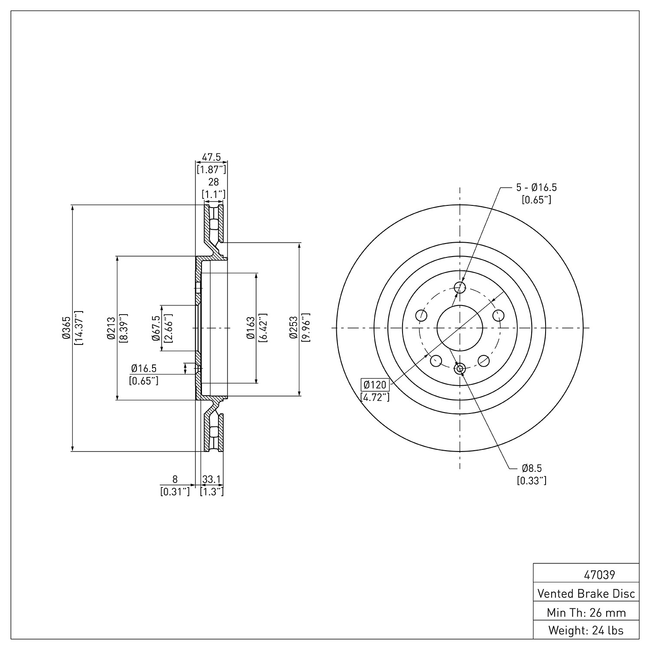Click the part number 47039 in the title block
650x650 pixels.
pos(599,575)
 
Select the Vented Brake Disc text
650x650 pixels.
pos(586,593)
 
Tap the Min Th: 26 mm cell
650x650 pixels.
pos(586,612)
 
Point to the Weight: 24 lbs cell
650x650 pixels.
pos(586,630)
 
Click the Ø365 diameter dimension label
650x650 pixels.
pos(67,328)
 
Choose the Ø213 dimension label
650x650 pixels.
pos(111,328)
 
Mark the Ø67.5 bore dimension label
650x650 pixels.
pos(156,328)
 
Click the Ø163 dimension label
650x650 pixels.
pos(251,328)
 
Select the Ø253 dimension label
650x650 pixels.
pos(294,328)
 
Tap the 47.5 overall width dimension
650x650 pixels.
pos(212,157)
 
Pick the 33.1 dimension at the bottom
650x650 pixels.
pos(212,479)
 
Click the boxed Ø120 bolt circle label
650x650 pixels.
pos(375,384)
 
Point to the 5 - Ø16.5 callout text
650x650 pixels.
pos(536,188)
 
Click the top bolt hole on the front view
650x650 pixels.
pos(460,287)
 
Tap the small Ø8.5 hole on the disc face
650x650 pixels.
pos(460,369)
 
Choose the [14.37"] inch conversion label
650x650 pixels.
pos(78,328)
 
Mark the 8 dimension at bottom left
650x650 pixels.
pos(175,479)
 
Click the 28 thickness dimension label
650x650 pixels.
pos(214,182)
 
